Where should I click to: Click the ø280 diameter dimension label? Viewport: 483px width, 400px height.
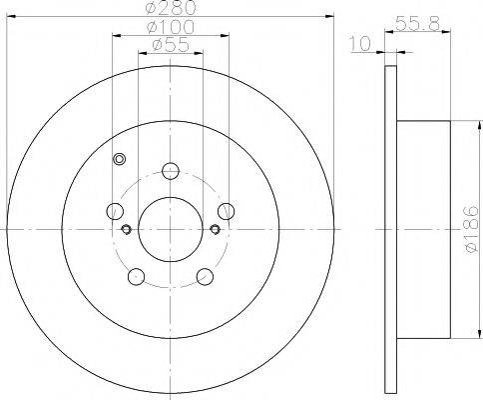172,7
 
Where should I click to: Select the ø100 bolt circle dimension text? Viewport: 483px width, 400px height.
171,27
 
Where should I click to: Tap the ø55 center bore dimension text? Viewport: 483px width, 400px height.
171,45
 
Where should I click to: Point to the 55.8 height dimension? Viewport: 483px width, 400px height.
418,23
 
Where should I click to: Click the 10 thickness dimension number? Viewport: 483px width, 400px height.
360,44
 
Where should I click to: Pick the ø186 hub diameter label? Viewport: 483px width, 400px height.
472,229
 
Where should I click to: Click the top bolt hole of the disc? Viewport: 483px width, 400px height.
171,171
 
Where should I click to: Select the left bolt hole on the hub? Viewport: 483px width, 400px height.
115,211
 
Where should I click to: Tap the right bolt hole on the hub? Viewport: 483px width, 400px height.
227,211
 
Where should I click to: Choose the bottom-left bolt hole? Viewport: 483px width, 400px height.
136,277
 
